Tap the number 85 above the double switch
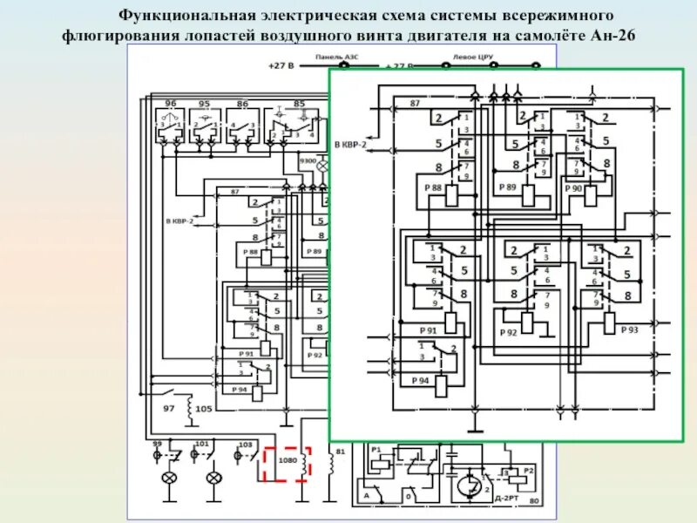pos(300,104)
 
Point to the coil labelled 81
pos(331,465)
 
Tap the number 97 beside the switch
pos(169,408)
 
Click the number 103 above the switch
pos(246,444)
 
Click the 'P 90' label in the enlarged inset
pos(573,188)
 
